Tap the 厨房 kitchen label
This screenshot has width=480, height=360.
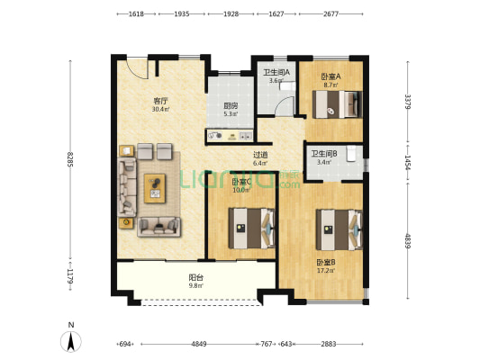pyautogui.click(x=231, y=105)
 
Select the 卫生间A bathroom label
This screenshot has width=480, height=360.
pyautogui.click(x=276, y=72)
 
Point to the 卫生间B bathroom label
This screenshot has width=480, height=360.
pyautogui.click(x=323, y=154)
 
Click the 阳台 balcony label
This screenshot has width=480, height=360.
pyautogui.click(x=195, y=278)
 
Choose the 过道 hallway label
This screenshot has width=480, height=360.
pyautogui.click(x=259, y=155)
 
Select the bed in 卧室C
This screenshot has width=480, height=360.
pyautogui.click(x=251, y=226)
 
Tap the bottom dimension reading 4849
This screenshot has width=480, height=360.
pyautogui.click(x=199, y=344)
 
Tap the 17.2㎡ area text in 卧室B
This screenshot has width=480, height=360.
pyautogui.click(x=325, y=271)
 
